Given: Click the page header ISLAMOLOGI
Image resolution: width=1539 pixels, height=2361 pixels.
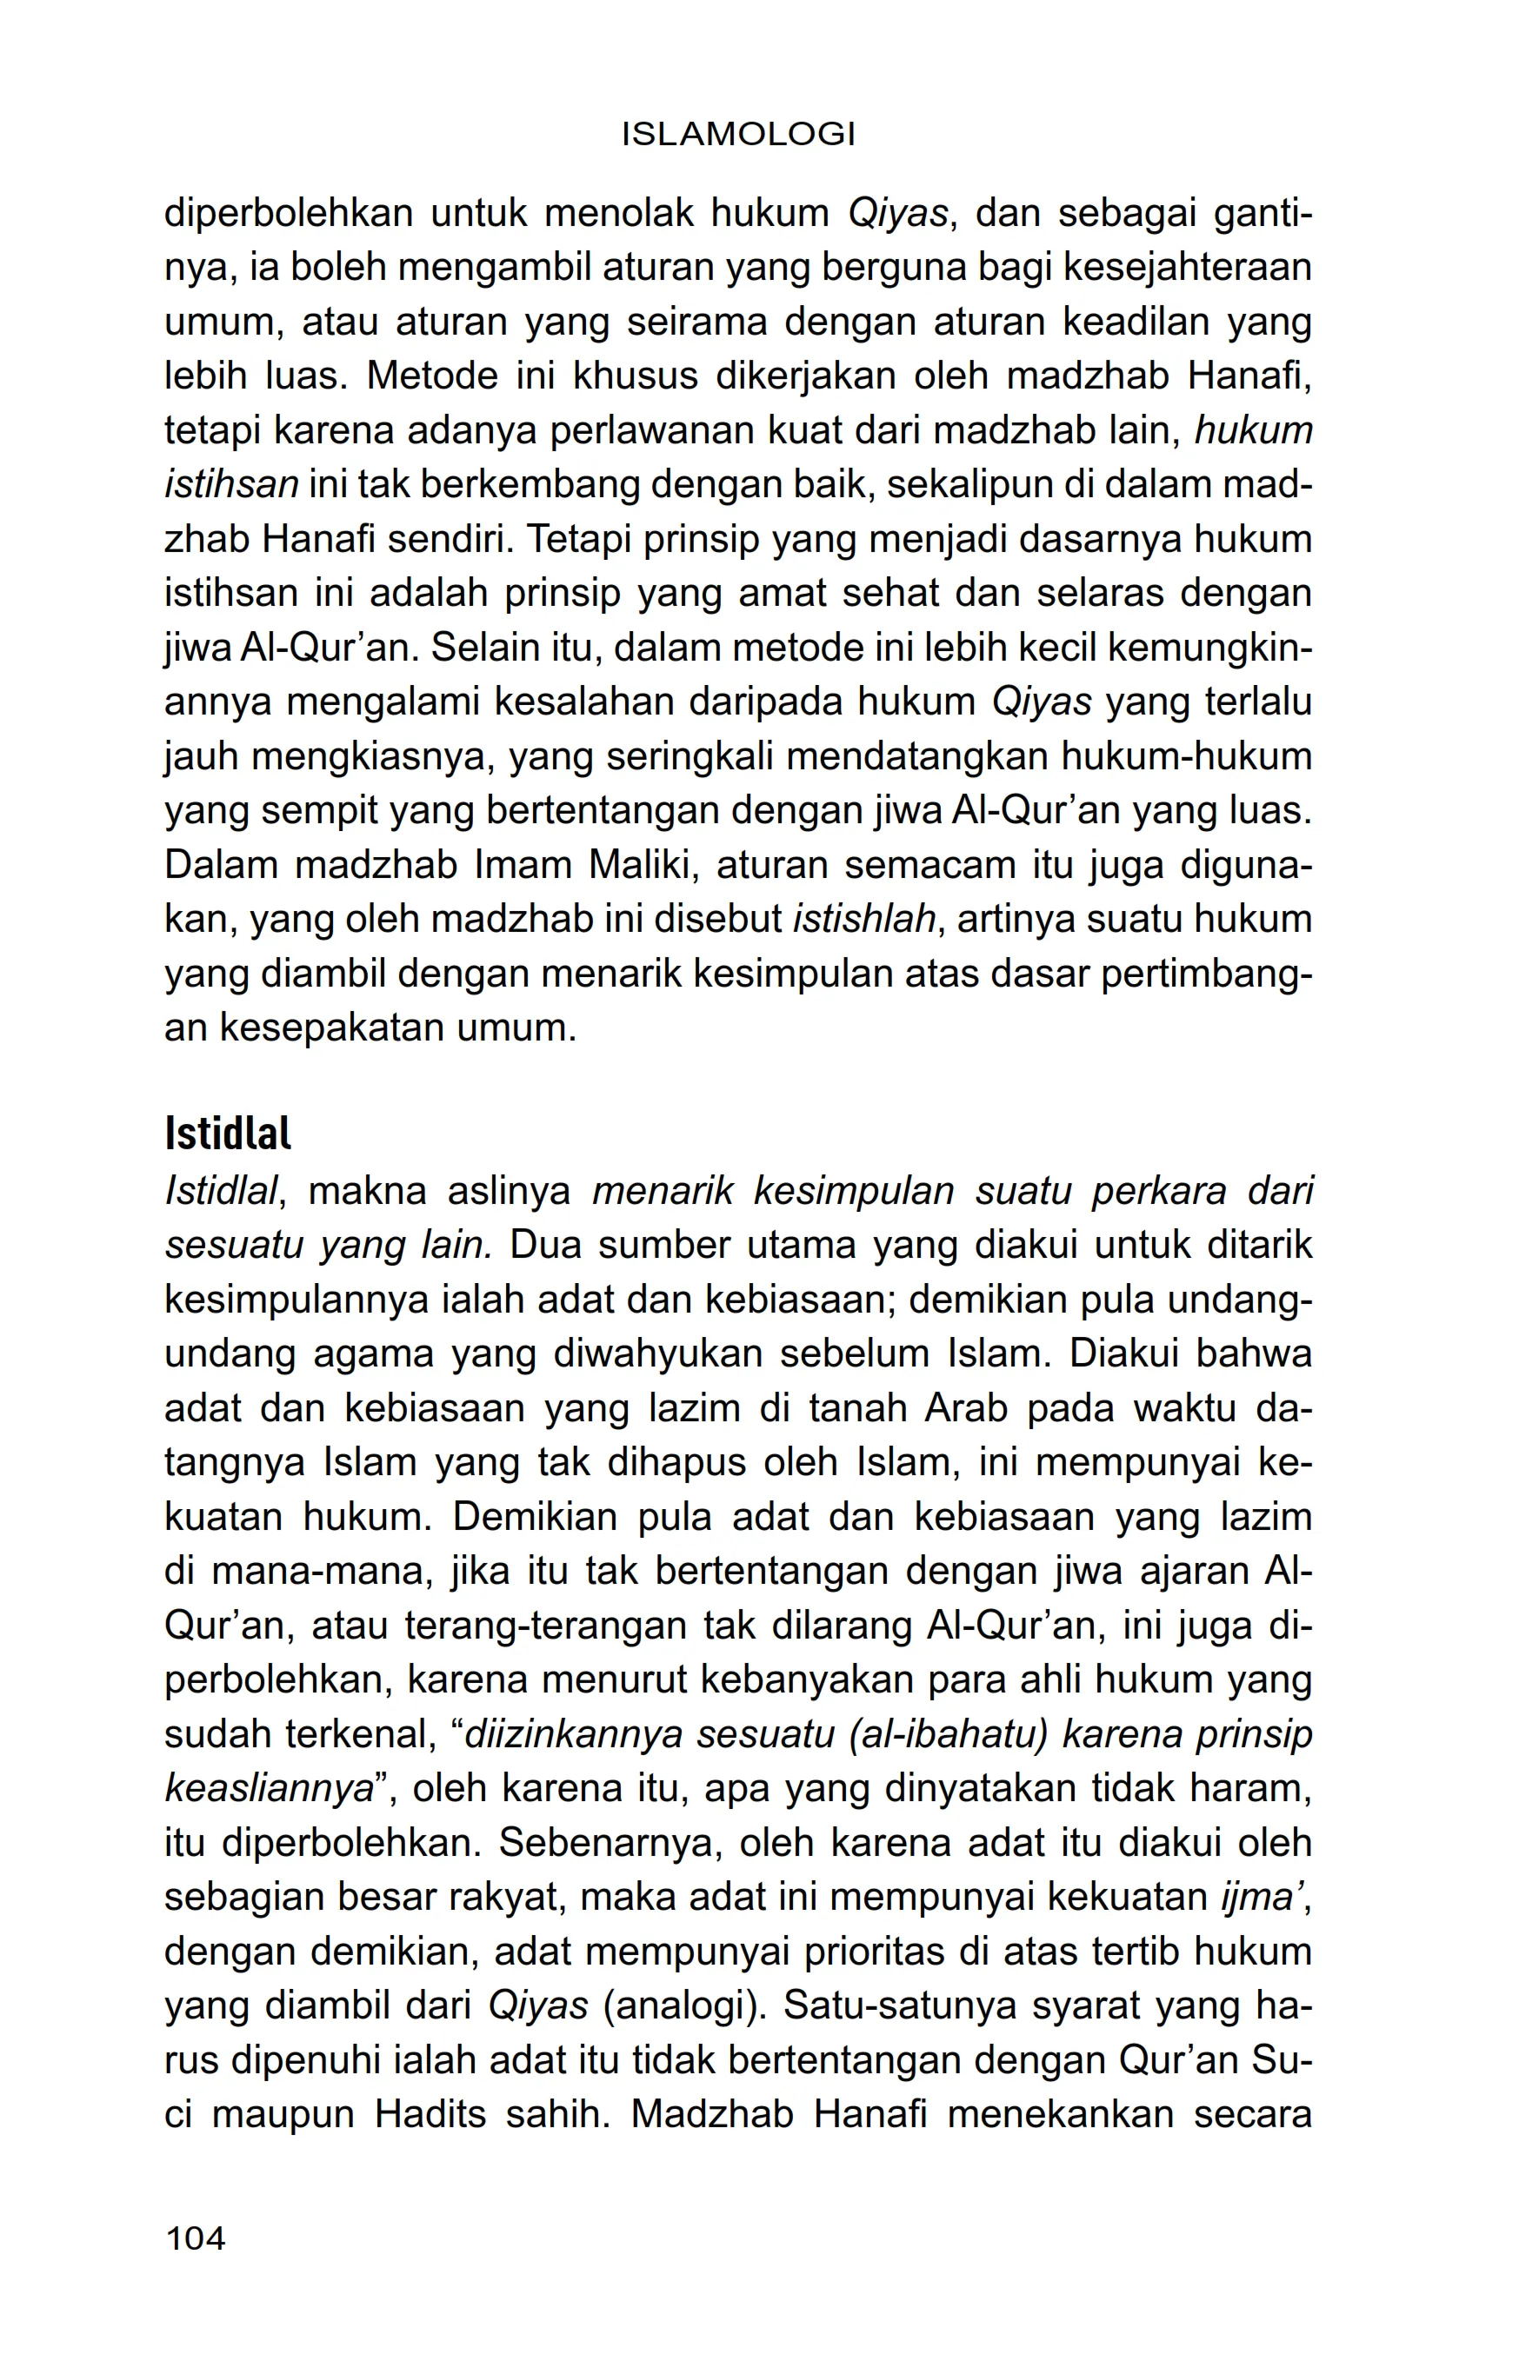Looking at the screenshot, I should pyautogui.click(x=738, y=135).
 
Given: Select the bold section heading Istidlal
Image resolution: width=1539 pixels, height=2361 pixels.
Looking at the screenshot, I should pyautogui.click(x=227, y=1134).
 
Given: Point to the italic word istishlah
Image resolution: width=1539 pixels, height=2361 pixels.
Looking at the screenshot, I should pyautogui.click(x=865, y=920).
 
